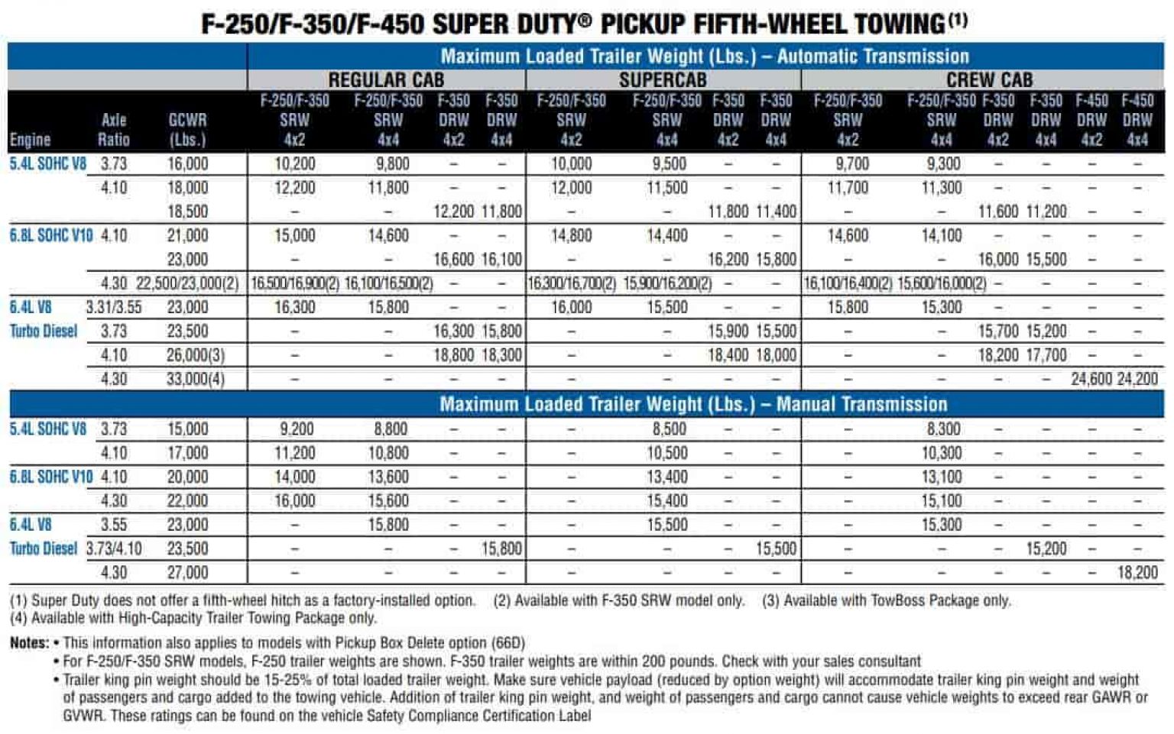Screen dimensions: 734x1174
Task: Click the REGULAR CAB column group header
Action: point(386,79)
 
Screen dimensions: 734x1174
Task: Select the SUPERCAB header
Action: point(663,79)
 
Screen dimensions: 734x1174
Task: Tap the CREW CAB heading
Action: point(989,79)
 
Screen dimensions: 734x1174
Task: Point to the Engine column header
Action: point(30,140)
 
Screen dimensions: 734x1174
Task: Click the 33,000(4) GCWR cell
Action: point(195,379)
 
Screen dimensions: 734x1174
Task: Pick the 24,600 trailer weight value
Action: point(1091,379)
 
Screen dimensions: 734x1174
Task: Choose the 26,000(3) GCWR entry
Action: point(195,355)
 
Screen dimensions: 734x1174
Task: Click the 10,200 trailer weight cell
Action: point(294,164)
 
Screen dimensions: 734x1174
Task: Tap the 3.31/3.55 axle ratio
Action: point(113,307)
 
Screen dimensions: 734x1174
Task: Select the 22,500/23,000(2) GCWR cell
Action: point(187,283)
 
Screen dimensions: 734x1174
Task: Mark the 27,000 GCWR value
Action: point(187,573)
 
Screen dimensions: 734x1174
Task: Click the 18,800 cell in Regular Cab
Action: point(453,355)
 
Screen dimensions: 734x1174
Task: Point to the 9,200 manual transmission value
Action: point(294,429)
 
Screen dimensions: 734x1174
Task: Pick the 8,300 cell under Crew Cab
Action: point(942,429)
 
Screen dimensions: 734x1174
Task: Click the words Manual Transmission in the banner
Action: point(861,404)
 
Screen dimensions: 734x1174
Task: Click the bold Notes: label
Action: point(29,643)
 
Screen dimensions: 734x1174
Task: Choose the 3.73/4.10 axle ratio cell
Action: point(113,549)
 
